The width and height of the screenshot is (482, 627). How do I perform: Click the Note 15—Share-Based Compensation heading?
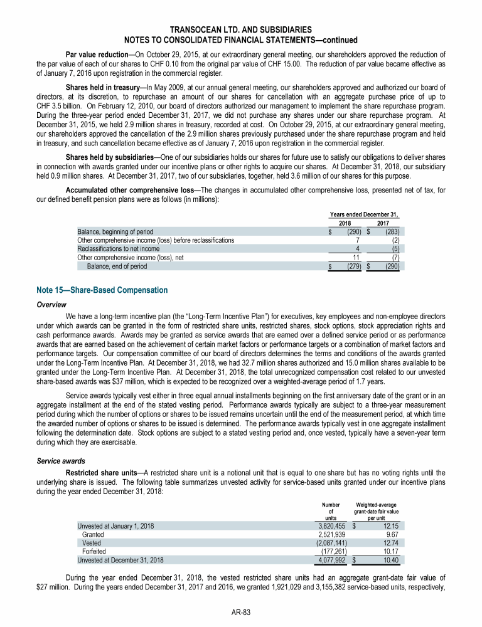click(102, 290)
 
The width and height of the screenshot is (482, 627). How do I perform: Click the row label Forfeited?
click(94, 552)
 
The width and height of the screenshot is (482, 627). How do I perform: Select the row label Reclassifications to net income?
click(118, 248)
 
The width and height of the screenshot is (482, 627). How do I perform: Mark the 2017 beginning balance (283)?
click(391, 231)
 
